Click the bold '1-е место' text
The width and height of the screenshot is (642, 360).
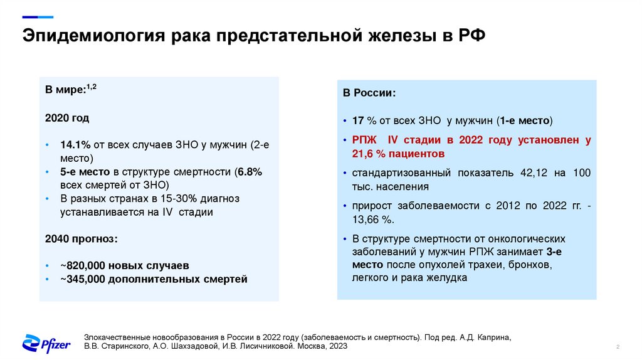(524, 120)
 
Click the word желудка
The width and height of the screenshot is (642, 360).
(445, 277)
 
